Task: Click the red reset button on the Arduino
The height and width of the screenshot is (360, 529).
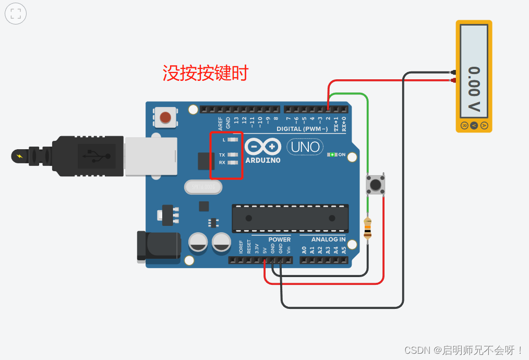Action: [x=165, y=117]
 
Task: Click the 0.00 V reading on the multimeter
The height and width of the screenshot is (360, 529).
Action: [x=474, y=89]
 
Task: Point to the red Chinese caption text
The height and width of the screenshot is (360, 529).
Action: [x=206, y=73]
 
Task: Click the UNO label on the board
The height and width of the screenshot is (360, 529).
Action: [x=305, y=147]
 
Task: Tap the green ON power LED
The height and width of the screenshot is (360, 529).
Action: [x=331, y=154]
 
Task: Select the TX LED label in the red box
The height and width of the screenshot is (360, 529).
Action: [x=222, y=155]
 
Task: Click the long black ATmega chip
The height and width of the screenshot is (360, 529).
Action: [x=290, y=218]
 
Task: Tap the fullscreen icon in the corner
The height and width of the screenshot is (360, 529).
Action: [x=16, y=14]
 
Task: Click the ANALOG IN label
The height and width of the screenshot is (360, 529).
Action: [x=328, y=239]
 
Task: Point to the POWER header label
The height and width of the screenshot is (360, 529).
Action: [x=280, y=239]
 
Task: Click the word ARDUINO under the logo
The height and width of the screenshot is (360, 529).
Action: [x=263, y=160]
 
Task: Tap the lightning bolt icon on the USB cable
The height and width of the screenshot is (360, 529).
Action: [x=20, y=155]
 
